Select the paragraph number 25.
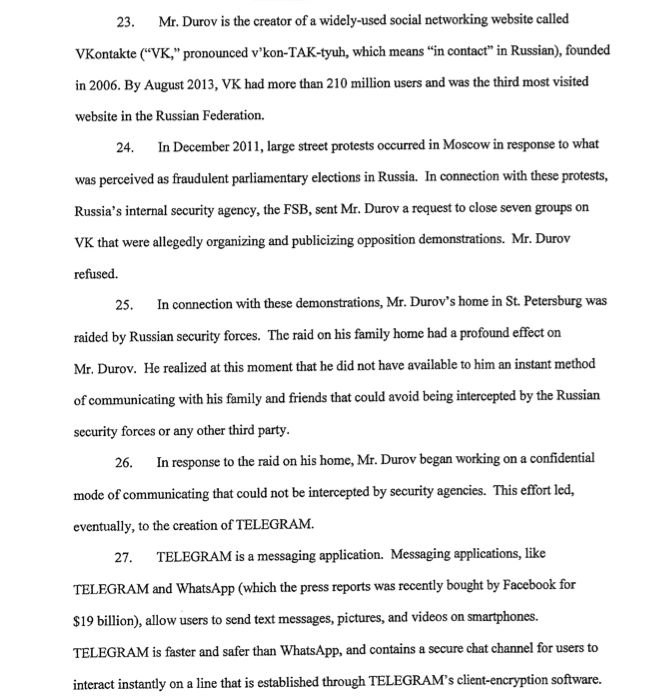click(125, 304)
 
